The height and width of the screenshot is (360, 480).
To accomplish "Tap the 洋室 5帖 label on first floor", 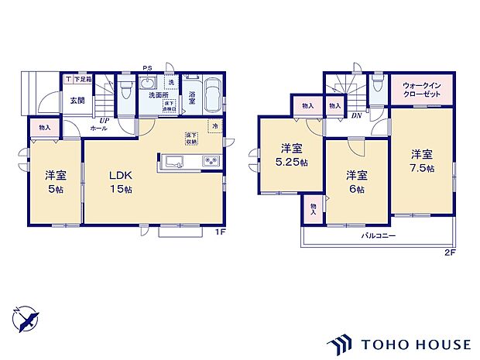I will pyautogui.click(x=55, y=181).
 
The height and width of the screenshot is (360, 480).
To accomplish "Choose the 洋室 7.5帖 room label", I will pyautogui.click(x=422, y=160).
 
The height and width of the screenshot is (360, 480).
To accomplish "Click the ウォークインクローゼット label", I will pyautogui.click(x=422, y=90).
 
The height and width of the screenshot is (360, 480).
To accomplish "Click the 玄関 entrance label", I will pyautogui.click(x=77, y=100).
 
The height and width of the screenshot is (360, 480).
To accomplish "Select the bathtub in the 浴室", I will pyautogui.click(x=214, y=94).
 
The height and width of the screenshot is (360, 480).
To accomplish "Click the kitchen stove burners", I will pyautogui.click(x=211, y=161).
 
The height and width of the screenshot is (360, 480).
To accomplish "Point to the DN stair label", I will pyautogui.click(x=357, y=115).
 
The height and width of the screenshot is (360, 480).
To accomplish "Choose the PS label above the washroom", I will pyautogui.click(x=147, y=68).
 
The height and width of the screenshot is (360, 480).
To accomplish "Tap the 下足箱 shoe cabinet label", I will pyautogui.click(x=83, y=79).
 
